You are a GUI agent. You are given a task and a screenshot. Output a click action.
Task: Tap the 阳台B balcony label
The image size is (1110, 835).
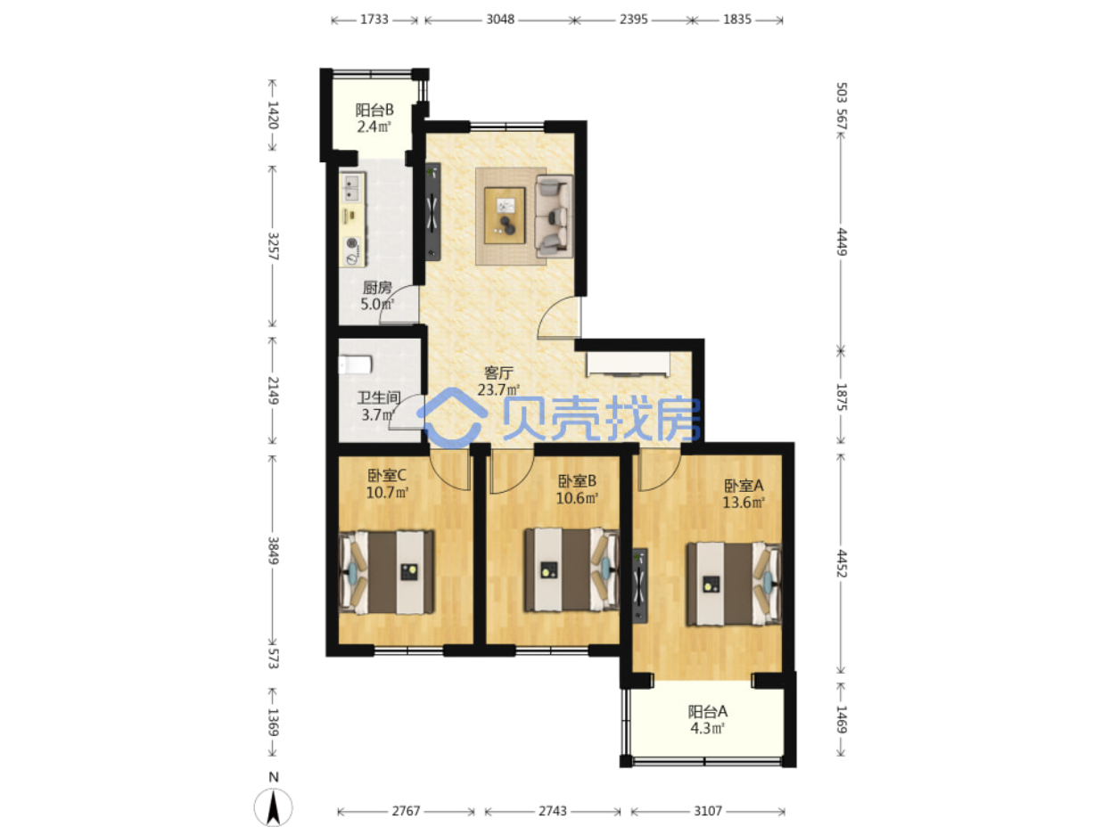click(x=374, y=110)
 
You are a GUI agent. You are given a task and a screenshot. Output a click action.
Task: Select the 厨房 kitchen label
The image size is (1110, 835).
click(x=377, y=288)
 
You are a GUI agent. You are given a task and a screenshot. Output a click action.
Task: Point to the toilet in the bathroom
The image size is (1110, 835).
click(x=356, y=364)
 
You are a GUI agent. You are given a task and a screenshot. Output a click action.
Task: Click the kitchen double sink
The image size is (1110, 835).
click(x=352, y=188)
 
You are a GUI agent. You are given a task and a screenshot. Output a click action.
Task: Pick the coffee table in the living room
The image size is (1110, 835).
click(x=504, y=216)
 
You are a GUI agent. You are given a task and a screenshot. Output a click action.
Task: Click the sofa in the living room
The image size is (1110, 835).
click(x=555, y=214)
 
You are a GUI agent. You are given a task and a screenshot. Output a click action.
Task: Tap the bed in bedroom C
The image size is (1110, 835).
click(x=387, y=572)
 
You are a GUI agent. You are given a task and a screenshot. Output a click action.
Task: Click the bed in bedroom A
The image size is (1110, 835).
click(x=734, y=584)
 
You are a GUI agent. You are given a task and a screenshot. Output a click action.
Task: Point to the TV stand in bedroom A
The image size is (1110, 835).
click(x=640, y=585)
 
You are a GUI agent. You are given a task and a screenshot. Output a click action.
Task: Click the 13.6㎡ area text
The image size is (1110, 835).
click(x=744, y=503)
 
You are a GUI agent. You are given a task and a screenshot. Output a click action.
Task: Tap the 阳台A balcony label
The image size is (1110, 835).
click(x=708, y=712)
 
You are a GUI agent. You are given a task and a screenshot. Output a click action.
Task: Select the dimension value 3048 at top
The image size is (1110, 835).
click(x=500, y=20)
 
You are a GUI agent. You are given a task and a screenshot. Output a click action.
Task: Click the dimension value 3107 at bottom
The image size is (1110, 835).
click(x=708, y=811)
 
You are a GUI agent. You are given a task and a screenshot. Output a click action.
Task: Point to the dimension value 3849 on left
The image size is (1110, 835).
click(x=273, y=551)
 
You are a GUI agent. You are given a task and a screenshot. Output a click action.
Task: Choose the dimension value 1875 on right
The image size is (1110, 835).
click(x=841, y=397)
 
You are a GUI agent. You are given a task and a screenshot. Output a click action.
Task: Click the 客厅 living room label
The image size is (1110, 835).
click(x=498, y=373)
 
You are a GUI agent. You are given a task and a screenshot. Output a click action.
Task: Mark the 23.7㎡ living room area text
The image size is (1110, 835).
click(x=498, y=389)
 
